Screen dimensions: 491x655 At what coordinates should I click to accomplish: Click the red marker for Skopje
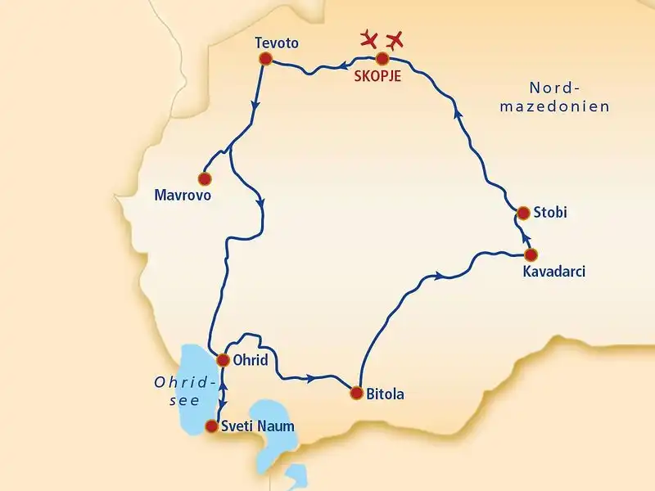[382, 59]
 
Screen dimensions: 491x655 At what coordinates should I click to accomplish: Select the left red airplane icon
[370, 38]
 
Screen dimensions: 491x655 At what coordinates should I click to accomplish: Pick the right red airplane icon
[395, 38]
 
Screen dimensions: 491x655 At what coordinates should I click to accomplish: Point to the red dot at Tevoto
[264, 59]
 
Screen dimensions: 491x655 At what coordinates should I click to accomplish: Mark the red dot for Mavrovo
[205, 178]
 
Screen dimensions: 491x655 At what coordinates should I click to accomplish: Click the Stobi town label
[550, 213]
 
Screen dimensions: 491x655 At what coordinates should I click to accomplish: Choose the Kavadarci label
[553, 271]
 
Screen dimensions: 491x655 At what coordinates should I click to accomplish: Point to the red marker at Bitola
[356, 393]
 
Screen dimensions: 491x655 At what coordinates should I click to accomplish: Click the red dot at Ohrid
[222, 359]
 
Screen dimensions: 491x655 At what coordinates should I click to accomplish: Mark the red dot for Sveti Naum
[212, 426]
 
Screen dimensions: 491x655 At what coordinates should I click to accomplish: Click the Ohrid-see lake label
[184, 390]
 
